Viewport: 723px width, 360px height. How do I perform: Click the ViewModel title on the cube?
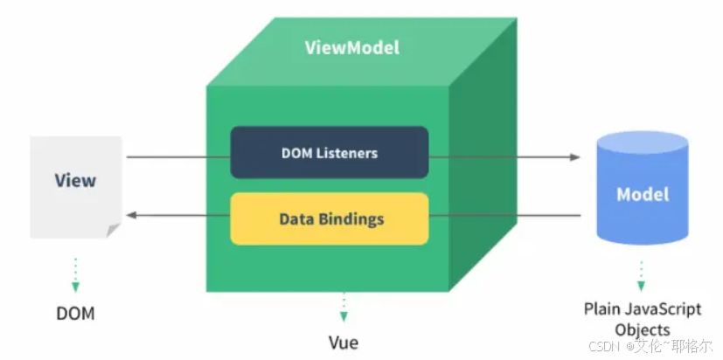pos(352,47)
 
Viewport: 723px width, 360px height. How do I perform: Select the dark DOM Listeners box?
pos(329,153)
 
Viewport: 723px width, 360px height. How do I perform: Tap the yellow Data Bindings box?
pos(329,218)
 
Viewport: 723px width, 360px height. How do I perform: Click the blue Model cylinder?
pos(643,192)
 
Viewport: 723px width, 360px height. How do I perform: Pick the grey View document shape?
pos(75,185)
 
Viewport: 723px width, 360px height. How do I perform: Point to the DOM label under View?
pos(75,312)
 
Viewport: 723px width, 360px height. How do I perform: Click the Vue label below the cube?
pos(344,342)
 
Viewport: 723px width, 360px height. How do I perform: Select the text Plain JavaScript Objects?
pos(643,319)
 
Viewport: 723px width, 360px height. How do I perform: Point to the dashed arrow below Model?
pos(641,275)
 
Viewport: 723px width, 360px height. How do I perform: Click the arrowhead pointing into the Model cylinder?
pos(574,157)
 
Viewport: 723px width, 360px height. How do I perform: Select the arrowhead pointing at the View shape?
pos(131,215)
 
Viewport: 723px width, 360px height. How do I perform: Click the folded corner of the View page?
pos(113,230)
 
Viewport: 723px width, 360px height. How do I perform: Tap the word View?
pos(75,181)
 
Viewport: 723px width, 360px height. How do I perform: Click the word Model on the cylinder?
pos(643,194)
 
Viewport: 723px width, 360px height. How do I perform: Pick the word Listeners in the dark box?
pos(346,153)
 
